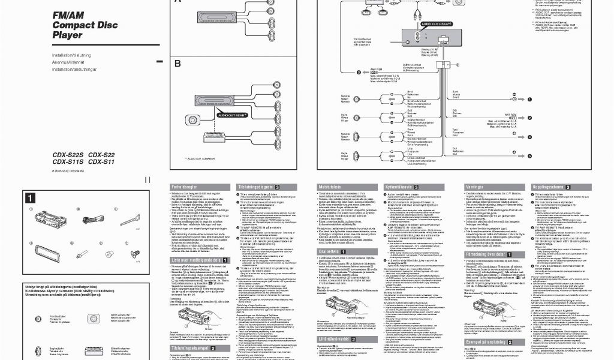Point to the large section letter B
point(177,64)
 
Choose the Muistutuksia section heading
point(334,187)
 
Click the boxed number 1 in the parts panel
point(29,197)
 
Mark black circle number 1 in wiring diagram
point(514,98)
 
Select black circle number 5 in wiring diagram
point(513,156)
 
